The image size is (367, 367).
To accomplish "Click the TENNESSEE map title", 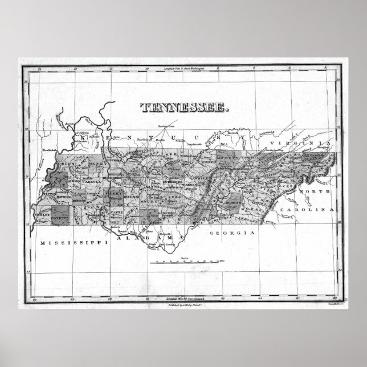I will pyautogui.click(x=183, y=106).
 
